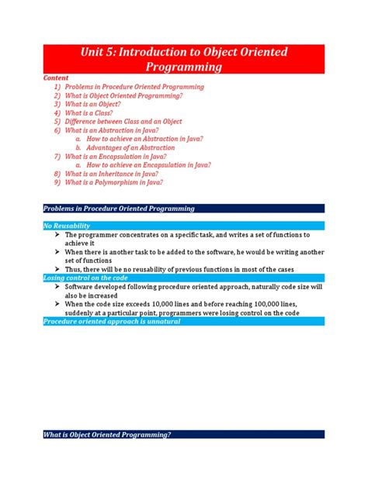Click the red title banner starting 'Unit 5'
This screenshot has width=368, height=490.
pos(184,59)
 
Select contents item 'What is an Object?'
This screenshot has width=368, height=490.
pos(95,104)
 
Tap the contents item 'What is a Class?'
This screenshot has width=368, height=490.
pos(92,112)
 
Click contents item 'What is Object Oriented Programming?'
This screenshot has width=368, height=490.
pos(123,95)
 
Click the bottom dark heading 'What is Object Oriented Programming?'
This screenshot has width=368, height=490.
pos(107,434)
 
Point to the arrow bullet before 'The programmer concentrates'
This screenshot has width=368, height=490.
pos(57,234)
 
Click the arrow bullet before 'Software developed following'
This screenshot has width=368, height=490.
pos(57,286)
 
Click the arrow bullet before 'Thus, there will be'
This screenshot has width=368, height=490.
pos(57,268)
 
